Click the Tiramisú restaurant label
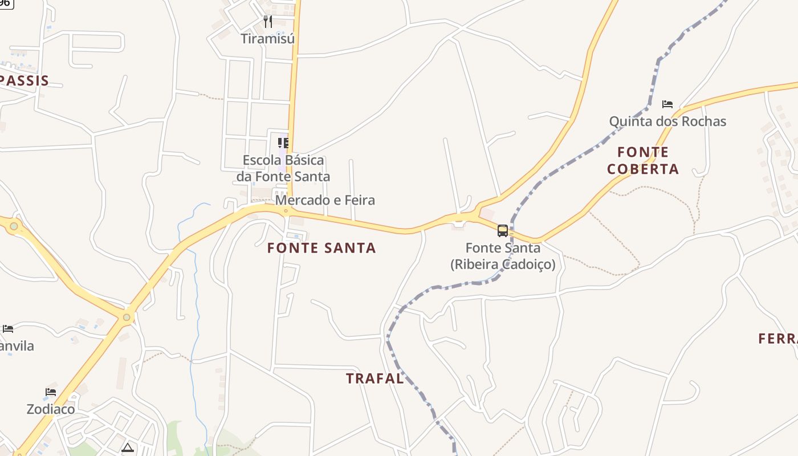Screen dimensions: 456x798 (267, 39)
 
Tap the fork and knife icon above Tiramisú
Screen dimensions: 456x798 (268, 22)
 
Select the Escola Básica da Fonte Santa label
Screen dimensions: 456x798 (283, 168)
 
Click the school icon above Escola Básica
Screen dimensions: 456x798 (283, 142)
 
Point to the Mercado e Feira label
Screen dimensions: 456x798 (325, 200)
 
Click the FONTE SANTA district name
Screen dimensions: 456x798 (321, 248)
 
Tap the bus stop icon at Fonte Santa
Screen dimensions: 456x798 (502, 230)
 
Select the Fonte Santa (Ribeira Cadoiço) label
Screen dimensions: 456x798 (503, 256)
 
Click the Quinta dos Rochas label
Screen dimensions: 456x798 (667, 121)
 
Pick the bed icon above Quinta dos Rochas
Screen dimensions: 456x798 (667, 104)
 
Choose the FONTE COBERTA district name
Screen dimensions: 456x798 (643, 161)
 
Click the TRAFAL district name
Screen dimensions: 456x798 (374, 378)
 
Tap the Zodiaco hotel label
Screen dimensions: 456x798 (51, 409)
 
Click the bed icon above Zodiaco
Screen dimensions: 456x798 (51, 392)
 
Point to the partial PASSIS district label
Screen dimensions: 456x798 (25, 81)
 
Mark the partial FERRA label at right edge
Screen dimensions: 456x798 (778, 339)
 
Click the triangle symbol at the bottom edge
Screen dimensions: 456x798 (127, 447)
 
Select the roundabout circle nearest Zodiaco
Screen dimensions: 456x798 (127, 317)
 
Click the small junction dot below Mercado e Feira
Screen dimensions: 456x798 (286, 211)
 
